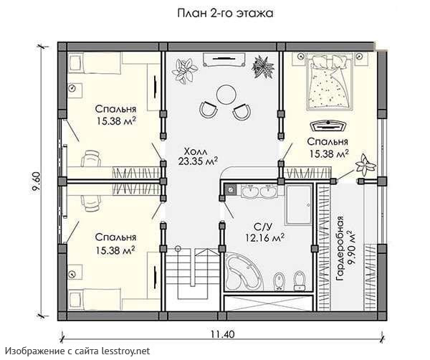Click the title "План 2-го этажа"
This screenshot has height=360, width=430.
pos(225,13)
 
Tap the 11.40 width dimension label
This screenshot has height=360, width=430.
pos(223,334)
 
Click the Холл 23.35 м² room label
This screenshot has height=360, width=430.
pos(198,156)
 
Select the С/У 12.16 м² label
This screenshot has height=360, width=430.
pos(265,232)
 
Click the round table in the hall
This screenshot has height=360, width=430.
pos(226,95)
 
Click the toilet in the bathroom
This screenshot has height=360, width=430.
pos(300,280)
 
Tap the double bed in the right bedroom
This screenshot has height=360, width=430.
pos(330,82)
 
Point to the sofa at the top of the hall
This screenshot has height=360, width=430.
pos(224,60)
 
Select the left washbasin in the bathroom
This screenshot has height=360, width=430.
pos(250,191)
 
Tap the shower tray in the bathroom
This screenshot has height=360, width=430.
pos(299,205)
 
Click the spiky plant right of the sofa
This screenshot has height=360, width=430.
pos(263,67)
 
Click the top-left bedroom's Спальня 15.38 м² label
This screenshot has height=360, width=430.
pos(115,115)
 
